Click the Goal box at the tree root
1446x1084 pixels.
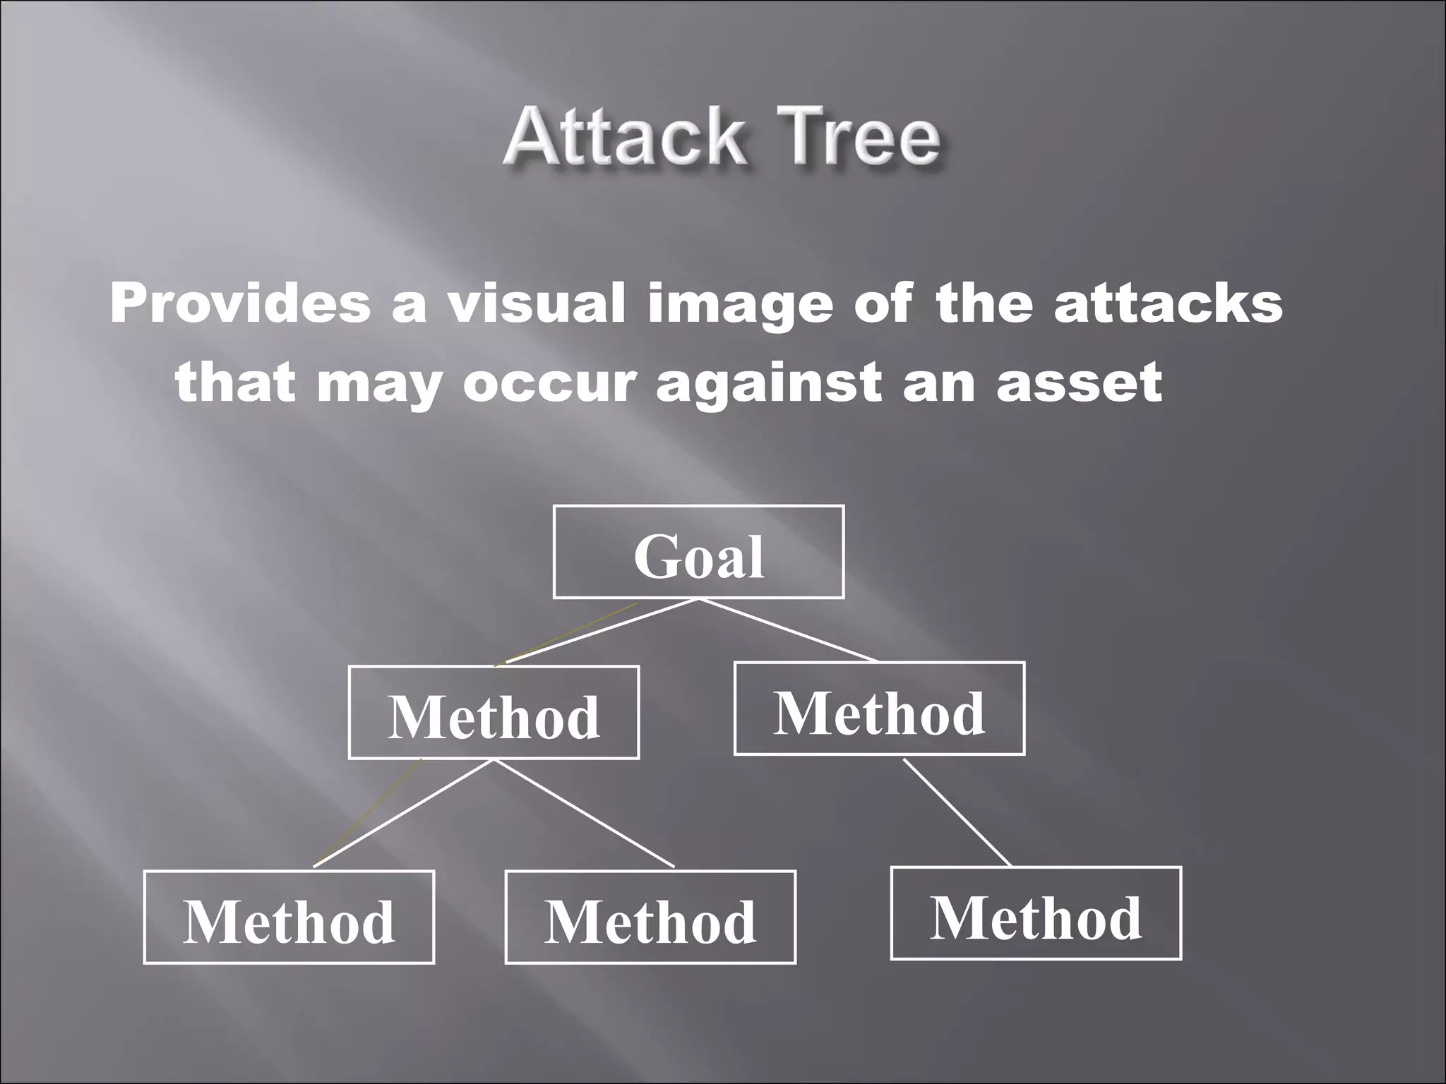(x=698, y=552)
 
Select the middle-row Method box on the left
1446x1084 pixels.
(x=494, y=712)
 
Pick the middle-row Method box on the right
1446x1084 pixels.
(x=879, y=709)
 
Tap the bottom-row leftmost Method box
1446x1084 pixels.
(x=289, y=917)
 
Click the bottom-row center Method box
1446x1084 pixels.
(x=650, y=917)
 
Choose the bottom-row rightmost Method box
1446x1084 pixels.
(x=1036, y=913)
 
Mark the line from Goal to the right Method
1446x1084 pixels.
(x=788, y=630)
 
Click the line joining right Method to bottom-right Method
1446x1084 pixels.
(x=957, y=812)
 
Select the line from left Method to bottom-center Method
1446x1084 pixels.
(x=583, y=813)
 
